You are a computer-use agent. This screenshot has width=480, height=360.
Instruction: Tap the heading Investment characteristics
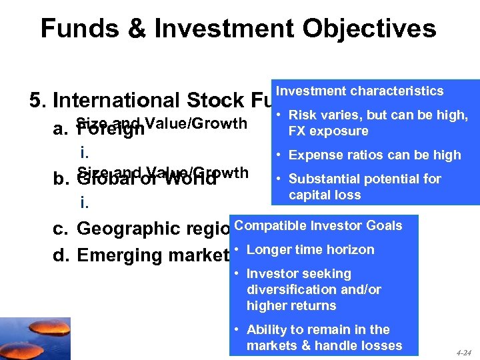click(x=359, y=91)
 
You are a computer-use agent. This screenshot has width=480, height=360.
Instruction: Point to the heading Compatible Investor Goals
click(x=318, y=225)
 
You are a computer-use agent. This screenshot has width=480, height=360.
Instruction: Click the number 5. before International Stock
click(x=38, y=101)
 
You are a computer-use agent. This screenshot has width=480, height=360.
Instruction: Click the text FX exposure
click(x=328, y=131)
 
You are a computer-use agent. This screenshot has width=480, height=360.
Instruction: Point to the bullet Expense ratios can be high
click(x=375, y=155)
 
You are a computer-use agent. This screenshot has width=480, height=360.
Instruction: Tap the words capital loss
click(x=325, y=195)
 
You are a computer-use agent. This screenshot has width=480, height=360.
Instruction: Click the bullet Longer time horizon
click(x=310, y=249)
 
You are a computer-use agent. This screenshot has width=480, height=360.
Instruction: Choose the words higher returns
click(x=291, y=305)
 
